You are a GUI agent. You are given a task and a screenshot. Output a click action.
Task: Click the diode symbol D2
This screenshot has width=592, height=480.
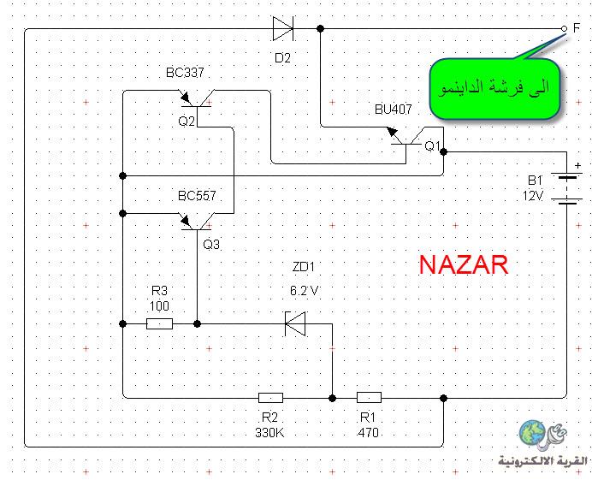pos(283,28)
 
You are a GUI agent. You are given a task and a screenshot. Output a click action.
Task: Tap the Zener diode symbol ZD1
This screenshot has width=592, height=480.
pos(295,323)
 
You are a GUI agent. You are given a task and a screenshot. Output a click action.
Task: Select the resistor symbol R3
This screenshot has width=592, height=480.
pos(159,323)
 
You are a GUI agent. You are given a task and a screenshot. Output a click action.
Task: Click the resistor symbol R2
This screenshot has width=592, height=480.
pos(270,398)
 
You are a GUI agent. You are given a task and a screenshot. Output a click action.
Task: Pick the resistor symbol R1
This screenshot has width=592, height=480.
pos(369,397)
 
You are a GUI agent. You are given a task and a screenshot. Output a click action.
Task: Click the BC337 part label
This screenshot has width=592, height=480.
pos(185,72)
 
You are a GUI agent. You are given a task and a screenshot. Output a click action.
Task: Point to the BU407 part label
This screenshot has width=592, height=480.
pos(393,110)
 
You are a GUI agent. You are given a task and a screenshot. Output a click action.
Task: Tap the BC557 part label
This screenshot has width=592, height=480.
pos(197,196)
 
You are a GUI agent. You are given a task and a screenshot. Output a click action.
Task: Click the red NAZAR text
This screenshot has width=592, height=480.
pos(464,264)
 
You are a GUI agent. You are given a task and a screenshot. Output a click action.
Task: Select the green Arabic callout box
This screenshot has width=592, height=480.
pos(494,88)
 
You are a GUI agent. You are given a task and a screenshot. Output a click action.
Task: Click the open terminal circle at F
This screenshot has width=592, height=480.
pos(564,28)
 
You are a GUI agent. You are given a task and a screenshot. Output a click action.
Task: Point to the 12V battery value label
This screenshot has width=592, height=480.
pos(533,196)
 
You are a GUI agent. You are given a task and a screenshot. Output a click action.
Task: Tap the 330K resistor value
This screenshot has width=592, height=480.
pos(269,432)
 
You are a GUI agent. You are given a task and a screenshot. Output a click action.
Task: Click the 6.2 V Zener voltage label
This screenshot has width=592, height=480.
pos(305,290)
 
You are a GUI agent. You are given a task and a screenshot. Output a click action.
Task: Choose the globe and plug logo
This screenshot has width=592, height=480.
pos(543,435)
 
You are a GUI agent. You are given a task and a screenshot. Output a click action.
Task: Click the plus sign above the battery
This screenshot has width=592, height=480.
pos(577,165)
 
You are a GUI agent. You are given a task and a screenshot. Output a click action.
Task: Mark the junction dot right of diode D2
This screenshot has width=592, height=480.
pos(320,28)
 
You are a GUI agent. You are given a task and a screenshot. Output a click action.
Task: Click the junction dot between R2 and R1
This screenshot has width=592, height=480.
pos(332,398)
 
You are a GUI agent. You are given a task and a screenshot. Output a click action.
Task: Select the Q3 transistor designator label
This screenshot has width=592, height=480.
pos(211,245)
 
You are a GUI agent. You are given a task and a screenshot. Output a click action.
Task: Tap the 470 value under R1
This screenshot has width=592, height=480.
pos(368,432)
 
